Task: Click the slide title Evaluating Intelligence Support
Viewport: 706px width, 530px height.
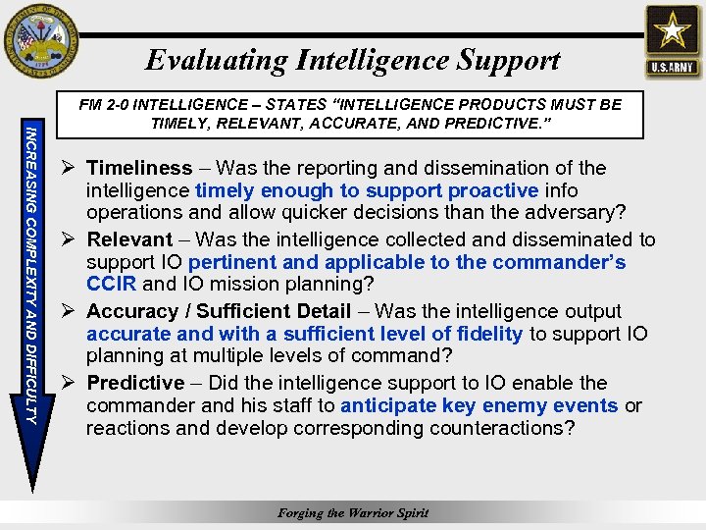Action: (x=353, y=60)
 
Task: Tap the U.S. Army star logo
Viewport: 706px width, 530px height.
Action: (x=673, y=41)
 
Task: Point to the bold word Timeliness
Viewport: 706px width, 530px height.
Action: (x=140, y=168)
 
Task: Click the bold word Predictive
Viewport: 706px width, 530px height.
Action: (x=135, y=383)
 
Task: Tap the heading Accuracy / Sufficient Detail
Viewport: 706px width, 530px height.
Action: (x=219, y=311)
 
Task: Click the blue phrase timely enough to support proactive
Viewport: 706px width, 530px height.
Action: (x=367, y=190)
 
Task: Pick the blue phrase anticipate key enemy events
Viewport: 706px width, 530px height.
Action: (x=479, y=405)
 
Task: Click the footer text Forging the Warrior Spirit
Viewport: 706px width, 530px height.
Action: (x=353, y=512)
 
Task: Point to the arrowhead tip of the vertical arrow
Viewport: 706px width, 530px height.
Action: (x=33, y=485)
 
